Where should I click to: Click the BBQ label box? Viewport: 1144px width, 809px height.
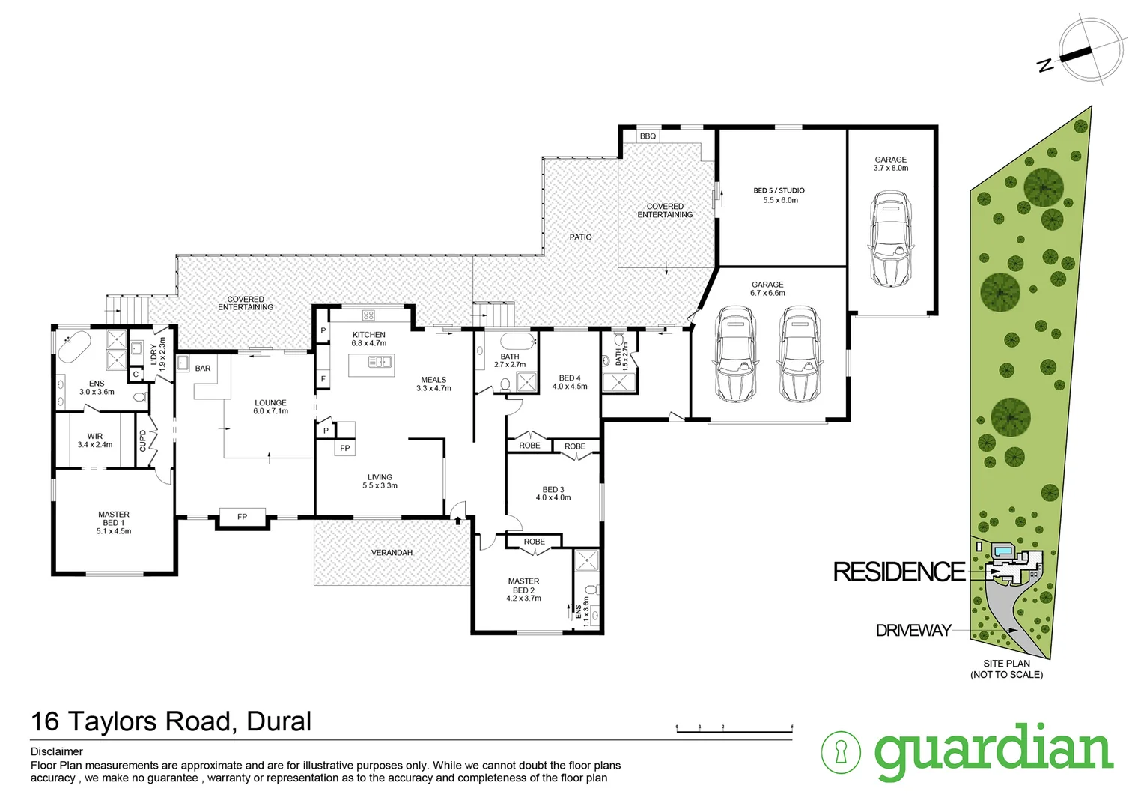coord(648,136)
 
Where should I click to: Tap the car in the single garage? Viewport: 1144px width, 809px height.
coord(890,237)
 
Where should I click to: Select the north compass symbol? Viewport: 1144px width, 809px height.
coord(1091,49)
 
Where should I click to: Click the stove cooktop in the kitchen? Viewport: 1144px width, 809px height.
coord(368,315)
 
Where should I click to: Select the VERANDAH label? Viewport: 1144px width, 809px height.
coord(392,553)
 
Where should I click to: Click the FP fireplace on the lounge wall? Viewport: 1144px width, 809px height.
coord(242,517)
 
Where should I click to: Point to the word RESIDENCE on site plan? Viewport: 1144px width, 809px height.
coord(899,572)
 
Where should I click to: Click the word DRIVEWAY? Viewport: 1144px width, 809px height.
coord(913,631)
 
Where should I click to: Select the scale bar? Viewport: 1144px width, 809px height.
coord(734,728)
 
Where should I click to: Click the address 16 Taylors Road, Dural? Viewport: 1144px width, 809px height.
coord(171,721)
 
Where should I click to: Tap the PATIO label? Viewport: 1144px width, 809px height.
coord(580,237)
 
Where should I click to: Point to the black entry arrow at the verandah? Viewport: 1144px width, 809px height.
coord(457,518)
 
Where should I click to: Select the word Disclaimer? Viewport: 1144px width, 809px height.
coord(57,751)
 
